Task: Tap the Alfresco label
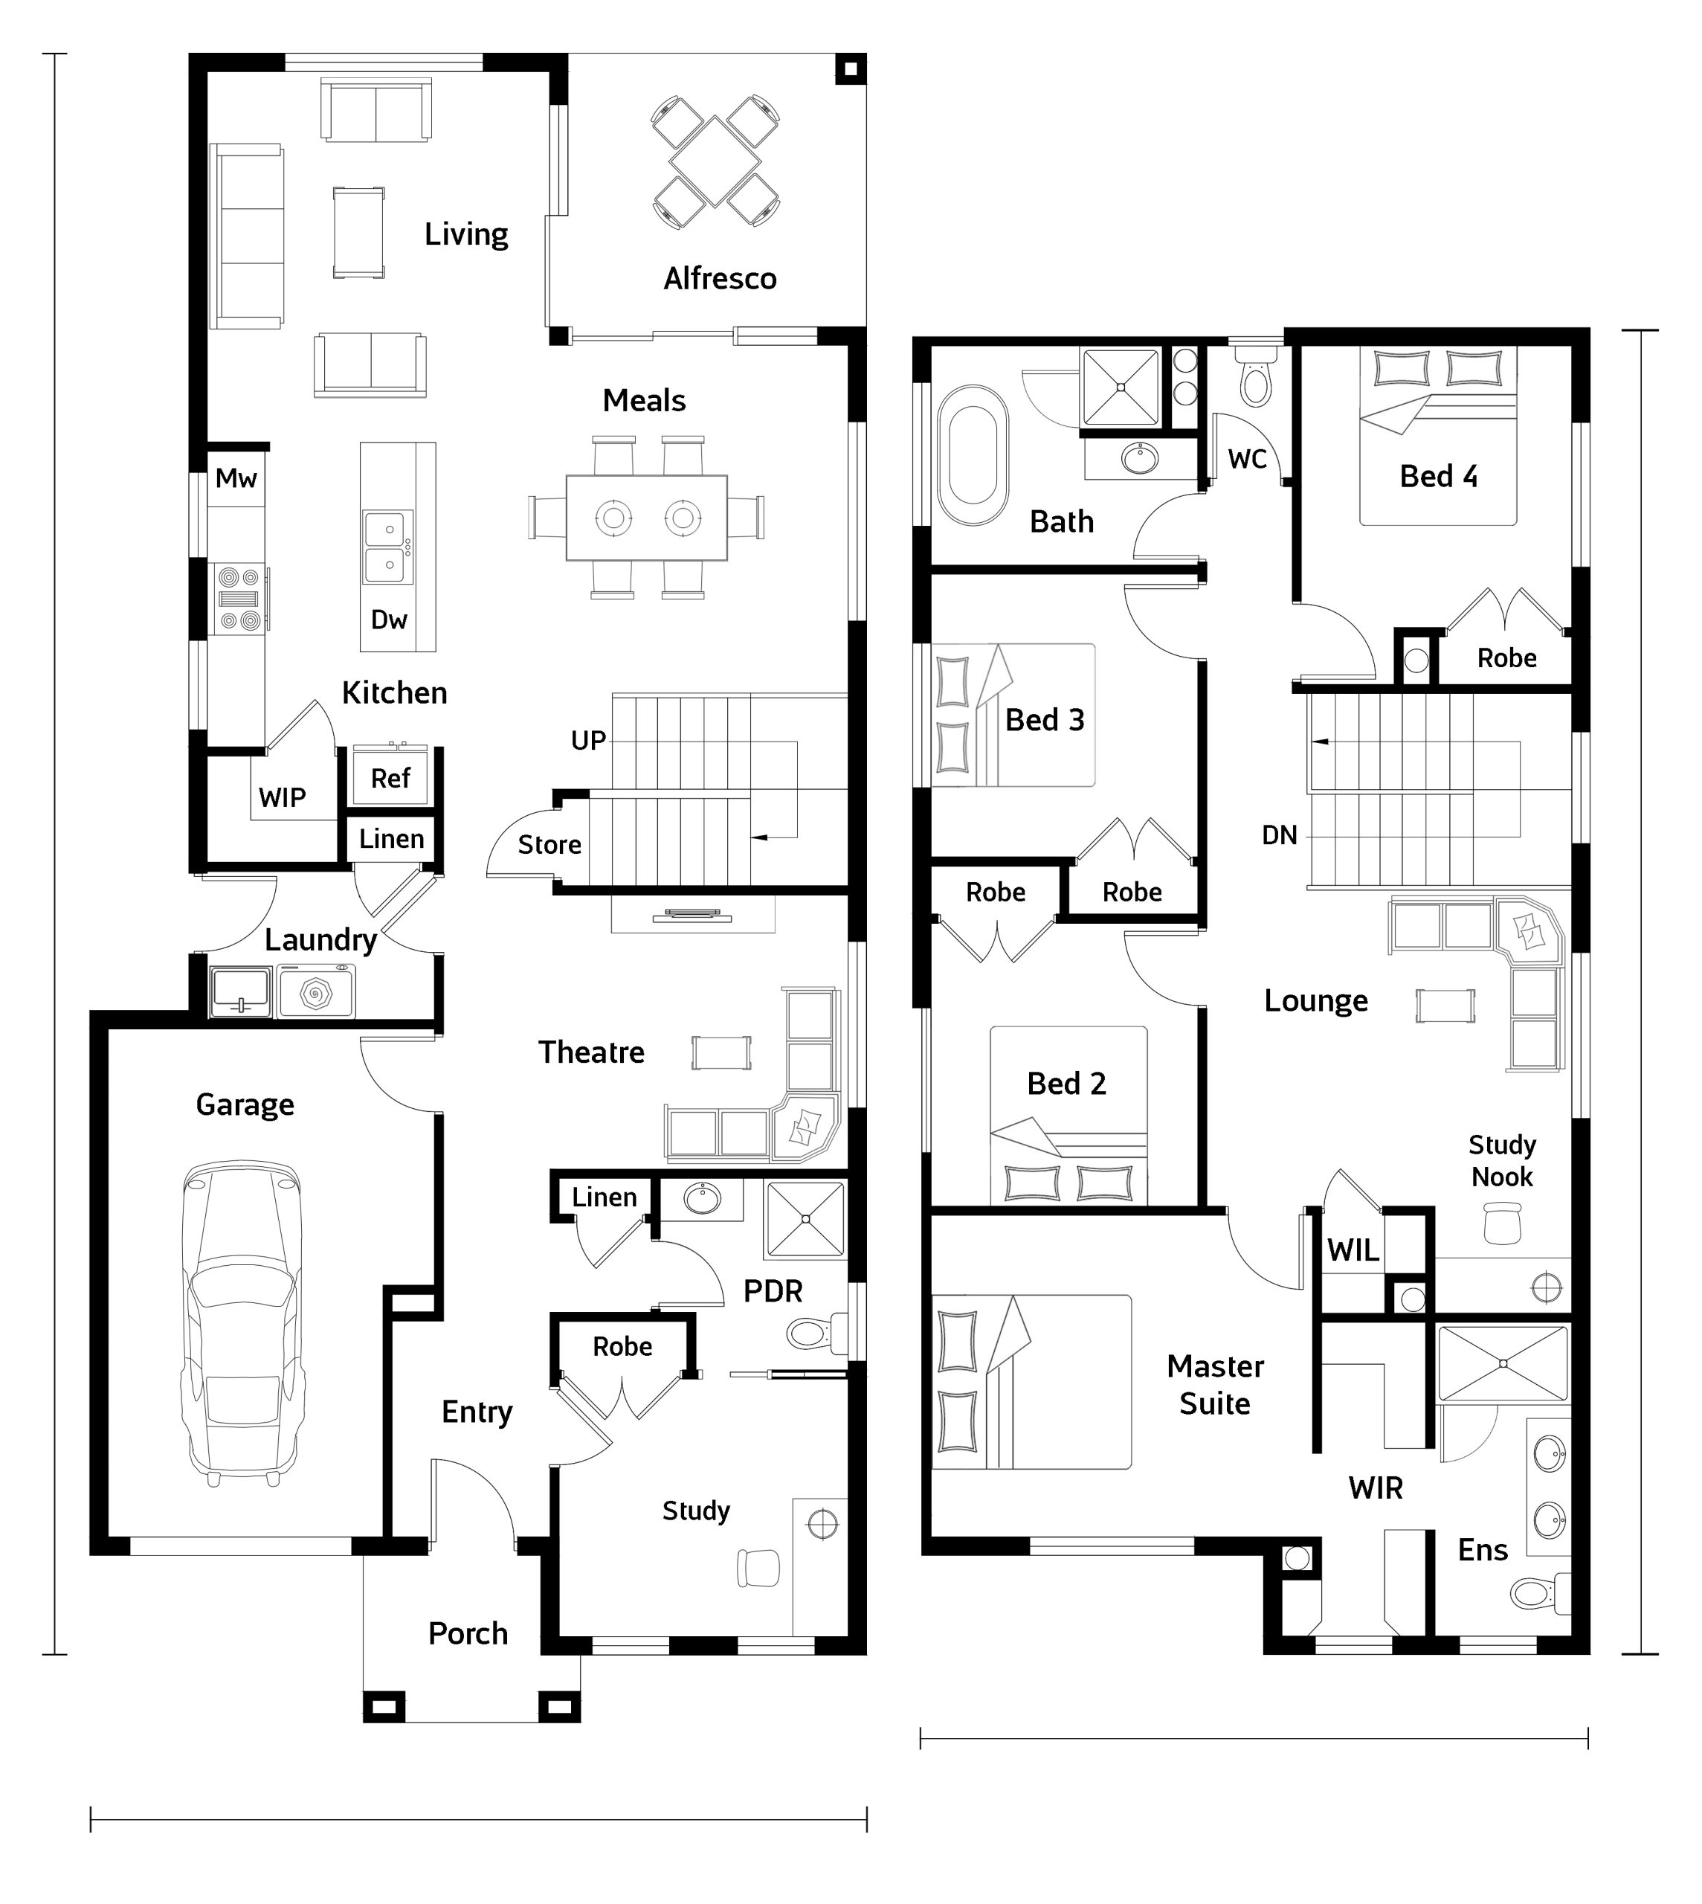(x=720, y=279)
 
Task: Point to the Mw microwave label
(x=236, y=479)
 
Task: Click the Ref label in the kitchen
(x=390, y=778)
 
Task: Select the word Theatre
(x=591, y=1053)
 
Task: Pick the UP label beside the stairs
(x=588, y=741)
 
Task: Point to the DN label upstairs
(x=1280, y=835)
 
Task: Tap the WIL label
(x=1353, y=1250)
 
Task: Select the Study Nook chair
(x=1502, y=1223)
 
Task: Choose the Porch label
(x=468, y=1634)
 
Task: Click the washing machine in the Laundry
(x=315, y=992)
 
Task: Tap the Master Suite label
(x=1215, y=1385)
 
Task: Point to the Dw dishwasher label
(x=389, y=620)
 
